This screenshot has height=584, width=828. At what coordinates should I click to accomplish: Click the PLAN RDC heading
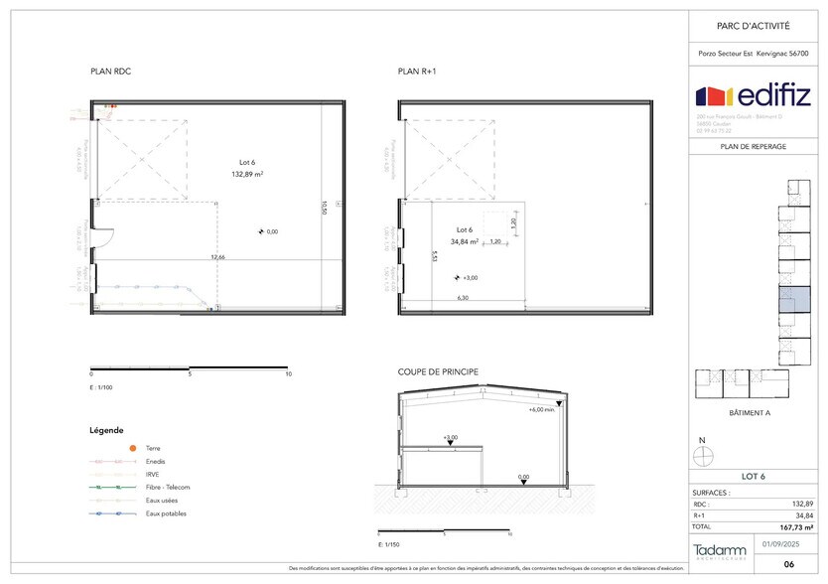click(x=110, y=72)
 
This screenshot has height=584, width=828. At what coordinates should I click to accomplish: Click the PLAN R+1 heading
click(x=417, y=72)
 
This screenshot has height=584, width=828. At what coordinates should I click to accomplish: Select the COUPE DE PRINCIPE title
click(x=438, y=372)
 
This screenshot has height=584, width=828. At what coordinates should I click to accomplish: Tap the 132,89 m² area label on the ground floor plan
click(x=246, y=173)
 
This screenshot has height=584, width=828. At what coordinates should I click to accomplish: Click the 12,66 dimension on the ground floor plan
click(x=216, y=256)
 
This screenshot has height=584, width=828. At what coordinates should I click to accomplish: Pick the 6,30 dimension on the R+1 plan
click(x=463, y=297)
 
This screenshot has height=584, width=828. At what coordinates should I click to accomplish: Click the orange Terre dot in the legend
click(x=132, y=449)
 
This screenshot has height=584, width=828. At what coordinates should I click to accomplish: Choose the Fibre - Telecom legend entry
click(x=167, y=488)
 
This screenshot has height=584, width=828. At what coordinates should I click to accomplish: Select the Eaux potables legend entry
click(x=166, y=513)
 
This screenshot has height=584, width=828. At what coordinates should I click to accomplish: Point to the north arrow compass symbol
click(x=704, y=455)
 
